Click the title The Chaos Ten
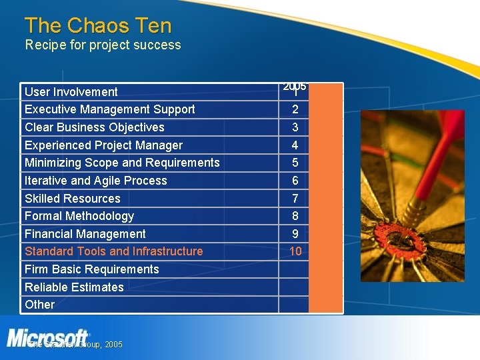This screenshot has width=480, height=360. point(98,26)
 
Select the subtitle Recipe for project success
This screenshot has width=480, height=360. point(103,45)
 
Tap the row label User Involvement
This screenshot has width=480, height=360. point(71,92)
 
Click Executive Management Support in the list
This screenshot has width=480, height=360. point(109,109)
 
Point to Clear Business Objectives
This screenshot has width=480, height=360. point(94,127)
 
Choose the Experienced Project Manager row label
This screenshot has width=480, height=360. point(103,145)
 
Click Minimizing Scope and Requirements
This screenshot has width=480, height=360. point(122,163)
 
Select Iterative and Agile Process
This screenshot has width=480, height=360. point(95,181)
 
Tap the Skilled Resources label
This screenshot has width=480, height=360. point(72,199)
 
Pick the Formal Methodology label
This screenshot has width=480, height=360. point(79,216)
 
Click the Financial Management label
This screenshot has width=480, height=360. point(85,234)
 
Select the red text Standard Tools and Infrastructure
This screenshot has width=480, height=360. point(113,251)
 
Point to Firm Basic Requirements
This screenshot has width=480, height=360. point(91,269)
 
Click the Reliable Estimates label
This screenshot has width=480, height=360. point(74,287)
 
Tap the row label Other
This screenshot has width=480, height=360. point(39,305)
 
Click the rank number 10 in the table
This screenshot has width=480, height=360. point(295,251)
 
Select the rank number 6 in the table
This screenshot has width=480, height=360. point(295,181)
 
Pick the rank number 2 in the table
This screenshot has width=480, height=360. point(295,109)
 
